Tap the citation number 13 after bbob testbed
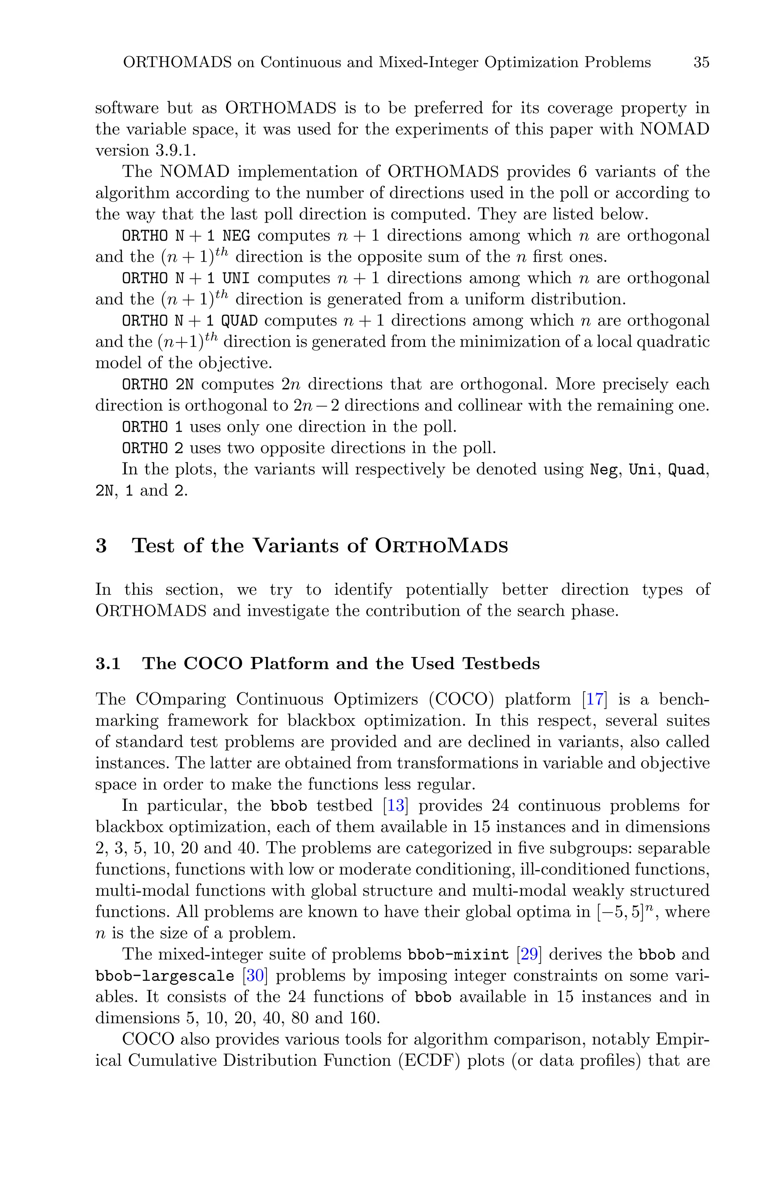395,806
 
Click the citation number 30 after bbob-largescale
255,976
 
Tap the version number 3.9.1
172,150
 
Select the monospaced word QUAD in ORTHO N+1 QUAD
239,321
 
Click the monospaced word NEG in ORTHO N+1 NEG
236,236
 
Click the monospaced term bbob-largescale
165,976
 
